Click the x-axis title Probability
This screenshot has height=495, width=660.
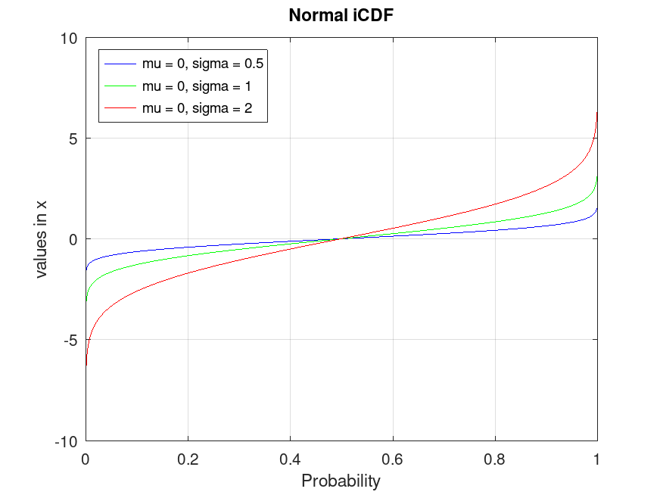click(341, 481)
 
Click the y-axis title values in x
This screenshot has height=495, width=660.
click(41, 239)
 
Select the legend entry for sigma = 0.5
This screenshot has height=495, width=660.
click(202, 63)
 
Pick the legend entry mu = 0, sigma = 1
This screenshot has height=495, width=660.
click(196, 86)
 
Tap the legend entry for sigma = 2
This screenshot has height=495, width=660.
click(196, 109)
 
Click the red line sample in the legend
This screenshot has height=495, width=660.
click(120, 109)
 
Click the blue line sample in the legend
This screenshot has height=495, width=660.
click(120, 63)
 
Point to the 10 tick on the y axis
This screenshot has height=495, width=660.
click(70, 38)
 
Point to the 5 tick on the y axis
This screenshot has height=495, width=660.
click(73, 139)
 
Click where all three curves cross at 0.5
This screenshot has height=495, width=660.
click(341, 239)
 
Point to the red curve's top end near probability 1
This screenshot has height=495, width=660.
click(597, 113)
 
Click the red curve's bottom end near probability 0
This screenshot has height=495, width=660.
click(86, 366)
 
